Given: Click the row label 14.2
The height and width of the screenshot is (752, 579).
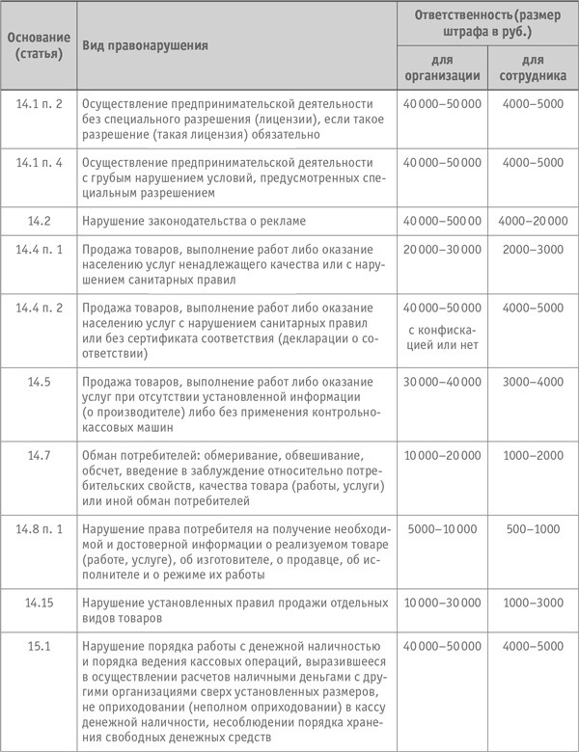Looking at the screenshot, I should (39, 221).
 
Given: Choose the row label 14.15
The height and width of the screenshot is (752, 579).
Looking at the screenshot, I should (39, 603).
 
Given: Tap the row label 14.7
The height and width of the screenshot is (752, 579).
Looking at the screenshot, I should (39, 452).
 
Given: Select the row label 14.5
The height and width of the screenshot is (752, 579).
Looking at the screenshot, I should (39, 382).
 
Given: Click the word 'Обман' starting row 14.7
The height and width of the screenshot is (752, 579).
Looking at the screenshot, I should (103, 452).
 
